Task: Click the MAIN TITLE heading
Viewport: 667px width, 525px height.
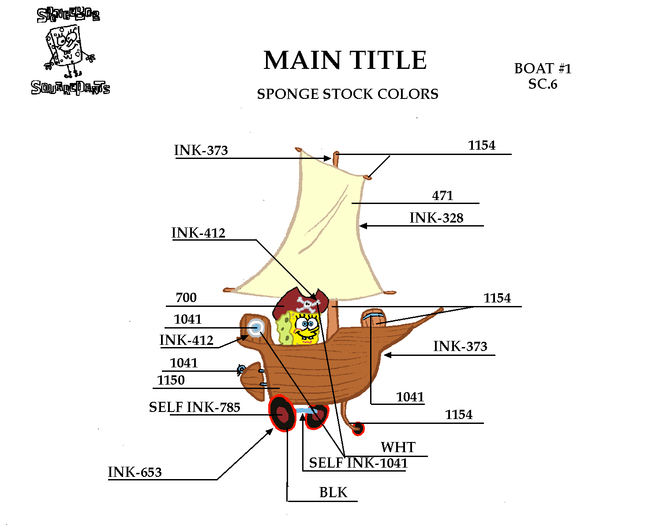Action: pos(345,60)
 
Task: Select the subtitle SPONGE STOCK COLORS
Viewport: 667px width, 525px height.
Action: pos(348,94)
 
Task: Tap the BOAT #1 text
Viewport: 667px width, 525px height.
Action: pos(543,69)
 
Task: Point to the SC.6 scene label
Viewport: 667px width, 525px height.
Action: pos(543,84)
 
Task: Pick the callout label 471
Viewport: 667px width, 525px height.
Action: pos(442,196)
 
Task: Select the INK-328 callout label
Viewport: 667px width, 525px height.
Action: pos(436,218)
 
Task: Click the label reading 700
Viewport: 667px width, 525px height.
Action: pos(186,298)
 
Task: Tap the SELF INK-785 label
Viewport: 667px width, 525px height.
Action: pos(195,407)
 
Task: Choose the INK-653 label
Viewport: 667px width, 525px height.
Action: pos(135,472)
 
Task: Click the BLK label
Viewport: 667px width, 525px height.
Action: pos(333,492)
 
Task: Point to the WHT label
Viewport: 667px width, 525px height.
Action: pos(398,447)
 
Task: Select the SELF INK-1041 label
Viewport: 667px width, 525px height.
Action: pos(358,463)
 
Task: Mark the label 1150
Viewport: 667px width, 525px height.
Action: pos(171,380)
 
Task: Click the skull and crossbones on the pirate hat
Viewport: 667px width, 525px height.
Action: pos(308,304)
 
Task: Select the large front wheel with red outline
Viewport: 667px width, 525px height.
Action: pos(282,413)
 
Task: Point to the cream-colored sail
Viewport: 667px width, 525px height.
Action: pos(318,230)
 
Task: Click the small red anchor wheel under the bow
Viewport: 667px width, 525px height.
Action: pos(358,428)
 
